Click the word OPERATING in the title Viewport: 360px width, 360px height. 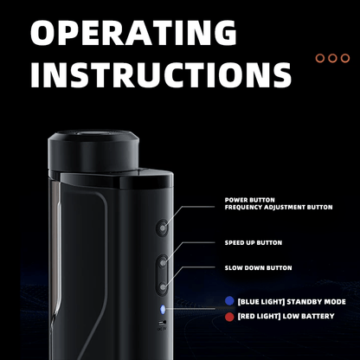(x=133, y=33)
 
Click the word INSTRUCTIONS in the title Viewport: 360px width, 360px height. (x=161, y=74)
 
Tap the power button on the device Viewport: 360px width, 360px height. (x=163, y=228)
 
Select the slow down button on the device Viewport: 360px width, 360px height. (x=163, y=287)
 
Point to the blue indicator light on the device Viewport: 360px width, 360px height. (x=163, y=309)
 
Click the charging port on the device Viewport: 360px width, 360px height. (x=163, y=322)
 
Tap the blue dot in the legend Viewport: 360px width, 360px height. (x=229, y=301)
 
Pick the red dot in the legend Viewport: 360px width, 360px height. (x=229, y=317)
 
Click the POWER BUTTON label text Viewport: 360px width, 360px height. (x=250, y=200)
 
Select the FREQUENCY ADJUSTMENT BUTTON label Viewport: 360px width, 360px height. (x=279, y=207)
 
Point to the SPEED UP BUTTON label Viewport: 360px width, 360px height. (x=254, y=242)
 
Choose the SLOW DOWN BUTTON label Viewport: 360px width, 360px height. (x=258, y=268)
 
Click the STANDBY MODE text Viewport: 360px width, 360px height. (x=316, y=302)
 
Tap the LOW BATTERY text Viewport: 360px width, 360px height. (x=308, y=316)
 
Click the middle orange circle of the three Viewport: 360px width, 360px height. (x=332, y=58)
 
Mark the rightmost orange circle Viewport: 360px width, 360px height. (x=345, y=58)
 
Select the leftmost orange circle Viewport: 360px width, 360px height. (x=320, y=58)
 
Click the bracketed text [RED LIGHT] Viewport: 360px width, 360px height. (x=259, y=316)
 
